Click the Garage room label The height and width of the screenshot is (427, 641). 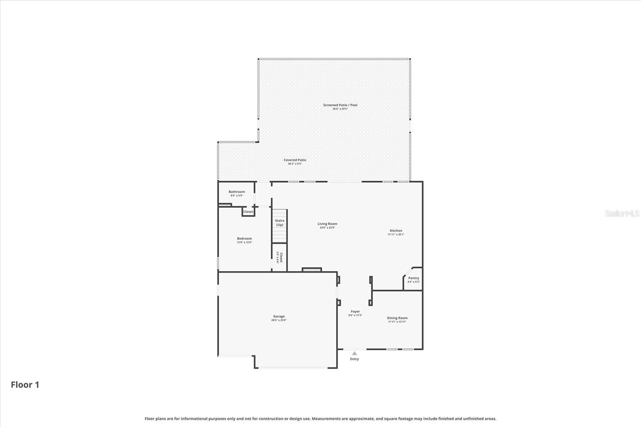coord(279,316)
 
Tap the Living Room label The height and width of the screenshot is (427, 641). coord(327,224)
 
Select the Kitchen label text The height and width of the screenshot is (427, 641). coord(396,231)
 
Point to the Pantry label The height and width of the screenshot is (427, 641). coord(413,278)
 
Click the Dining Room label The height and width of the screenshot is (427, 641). coord(397,318)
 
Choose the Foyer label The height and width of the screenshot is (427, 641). coord(355,312)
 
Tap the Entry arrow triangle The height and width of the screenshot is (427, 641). coord(354,353)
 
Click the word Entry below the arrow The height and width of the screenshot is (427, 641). coord(355,359)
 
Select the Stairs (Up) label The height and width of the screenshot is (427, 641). coord(280,223)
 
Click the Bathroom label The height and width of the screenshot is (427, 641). coord(237,192)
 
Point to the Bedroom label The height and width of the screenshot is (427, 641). coord(244,239)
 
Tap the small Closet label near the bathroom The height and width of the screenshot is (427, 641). coord(248,212)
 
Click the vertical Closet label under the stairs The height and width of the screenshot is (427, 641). coord(281,257)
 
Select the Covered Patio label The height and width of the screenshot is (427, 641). coord(295,160)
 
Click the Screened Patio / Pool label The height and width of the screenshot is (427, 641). coord(340,105)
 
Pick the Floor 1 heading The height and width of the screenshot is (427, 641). coord(25,385)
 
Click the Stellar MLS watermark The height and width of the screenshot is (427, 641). coord(622,214)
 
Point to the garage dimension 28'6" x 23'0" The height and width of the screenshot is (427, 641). coord(279,320)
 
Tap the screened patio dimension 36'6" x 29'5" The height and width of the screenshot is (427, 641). coord(340,109)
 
